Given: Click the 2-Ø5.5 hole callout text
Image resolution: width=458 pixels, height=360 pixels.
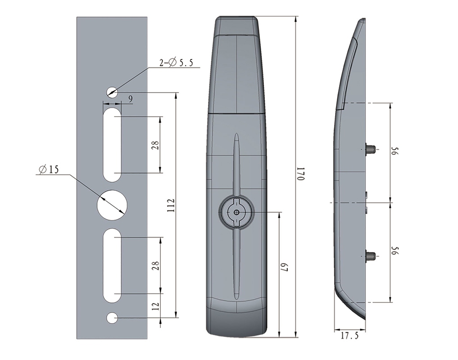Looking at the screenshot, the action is (x=176, y=62).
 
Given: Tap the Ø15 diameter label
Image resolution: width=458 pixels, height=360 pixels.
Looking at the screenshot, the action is (x=49, y=169).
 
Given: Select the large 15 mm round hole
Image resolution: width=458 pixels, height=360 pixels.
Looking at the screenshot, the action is (x=112, y=205).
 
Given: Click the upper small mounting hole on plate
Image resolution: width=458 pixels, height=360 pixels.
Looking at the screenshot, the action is (x=112, y=93).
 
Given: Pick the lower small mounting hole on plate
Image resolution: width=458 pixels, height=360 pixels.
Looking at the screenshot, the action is (x=112, y=318).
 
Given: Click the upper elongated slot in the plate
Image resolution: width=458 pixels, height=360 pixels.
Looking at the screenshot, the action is (x=112, y=145).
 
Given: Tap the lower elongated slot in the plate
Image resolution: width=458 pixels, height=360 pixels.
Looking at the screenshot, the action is (x=112, y=265).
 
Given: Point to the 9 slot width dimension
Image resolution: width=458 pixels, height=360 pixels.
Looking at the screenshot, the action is (x=130, y=99).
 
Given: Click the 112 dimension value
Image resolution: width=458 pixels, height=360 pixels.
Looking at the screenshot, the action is (x=171, y=205).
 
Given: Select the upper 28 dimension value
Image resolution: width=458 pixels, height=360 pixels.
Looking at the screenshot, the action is (x=156, y=145).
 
